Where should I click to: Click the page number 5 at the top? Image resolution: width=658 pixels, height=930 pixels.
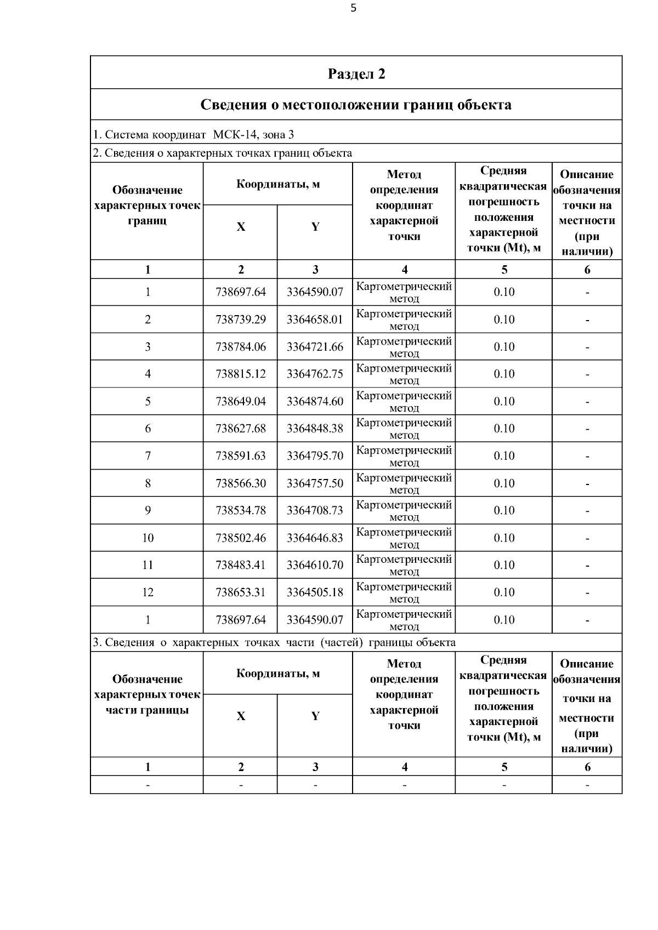pyautogui.click(x=353, y=8)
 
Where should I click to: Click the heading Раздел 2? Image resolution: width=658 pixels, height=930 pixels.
pyautogui.click(x=356, y=74)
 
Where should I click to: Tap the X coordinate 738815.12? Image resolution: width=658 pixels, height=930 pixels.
pyautogui.click(x=241, y=374)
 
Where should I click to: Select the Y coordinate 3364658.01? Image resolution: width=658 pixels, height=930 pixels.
pyautogui.click(x=315, y=319)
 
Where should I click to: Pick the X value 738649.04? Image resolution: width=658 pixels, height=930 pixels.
pyautogui.click(x=241, y=401)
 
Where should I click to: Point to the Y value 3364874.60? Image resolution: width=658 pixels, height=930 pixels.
pyautogui.click(x=315, y=401)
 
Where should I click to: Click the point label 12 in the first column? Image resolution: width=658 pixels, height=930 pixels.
pyautogui.click(x=148, y=592)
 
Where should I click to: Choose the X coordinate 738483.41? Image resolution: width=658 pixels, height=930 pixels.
pyautogui.click(x=241, y=565)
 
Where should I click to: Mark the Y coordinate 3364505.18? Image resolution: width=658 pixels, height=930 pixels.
pyautogui.click(x=315, y=592)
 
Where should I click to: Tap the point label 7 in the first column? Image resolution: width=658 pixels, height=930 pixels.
pyautogui.click(x=148, y=456)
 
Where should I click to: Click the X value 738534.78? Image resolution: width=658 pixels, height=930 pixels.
pyautogui.click(x=241, y=510)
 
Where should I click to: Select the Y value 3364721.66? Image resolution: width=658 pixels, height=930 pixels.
pyautogui.click(x=315, y=347)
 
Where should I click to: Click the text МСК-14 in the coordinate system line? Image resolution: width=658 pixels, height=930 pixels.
pyautogui.click(x=234, y=135)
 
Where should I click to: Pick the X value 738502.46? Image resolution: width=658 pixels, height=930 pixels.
pyautogui.click(x=241, y=538)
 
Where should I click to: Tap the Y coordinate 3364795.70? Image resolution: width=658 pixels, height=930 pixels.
pyautogui.click(x=315, y=456)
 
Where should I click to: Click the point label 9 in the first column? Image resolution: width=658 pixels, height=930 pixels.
pyautogui.click(x=148, y=510)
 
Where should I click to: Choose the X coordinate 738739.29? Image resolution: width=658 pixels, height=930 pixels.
pyautogui.click(x=241, y=319)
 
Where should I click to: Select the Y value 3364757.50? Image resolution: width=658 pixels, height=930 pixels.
pyautogui.click(x=315, y=483)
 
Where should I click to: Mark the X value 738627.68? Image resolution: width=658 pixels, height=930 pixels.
pyautogui.click(x=241, y=429)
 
